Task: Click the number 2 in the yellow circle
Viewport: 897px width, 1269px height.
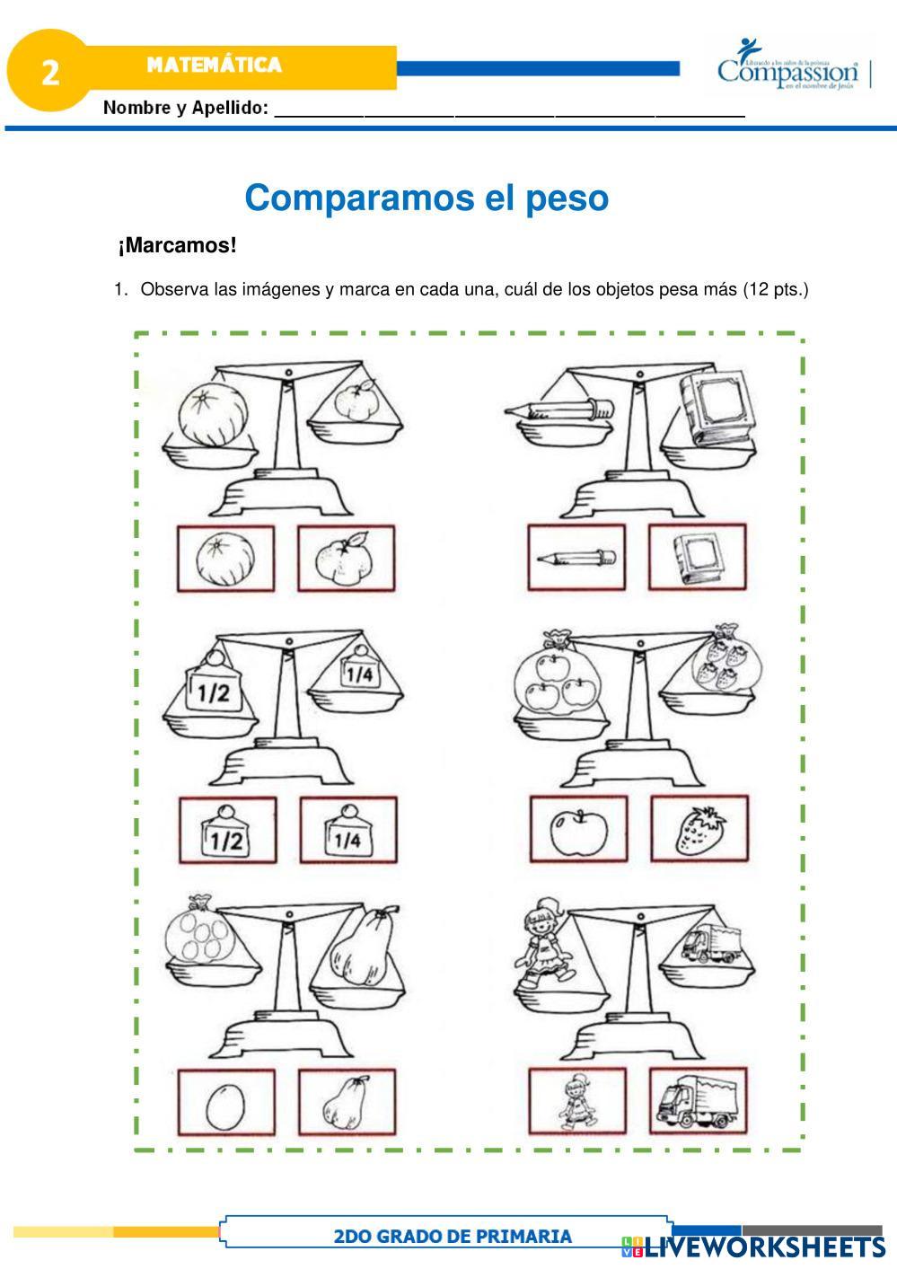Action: [x=50, y=72]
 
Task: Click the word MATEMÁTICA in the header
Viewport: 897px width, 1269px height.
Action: [x=214, y=65]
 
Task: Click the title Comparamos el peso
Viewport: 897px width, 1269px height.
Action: [x=427, y=198]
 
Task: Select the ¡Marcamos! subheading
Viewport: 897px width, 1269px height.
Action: [x=177, y=245]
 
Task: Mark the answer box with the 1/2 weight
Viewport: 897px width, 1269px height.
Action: [x=226, y=830]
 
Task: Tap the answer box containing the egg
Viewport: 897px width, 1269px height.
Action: [x=225, y=1101]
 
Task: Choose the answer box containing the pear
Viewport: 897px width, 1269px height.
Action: [x=347, y=1101]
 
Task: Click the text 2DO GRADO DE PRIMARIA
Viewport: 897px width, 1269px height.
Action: [x=452, y=1236]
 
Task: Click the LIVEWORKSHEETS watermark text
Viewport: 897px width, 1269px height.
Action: [x=763, y=1247]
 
